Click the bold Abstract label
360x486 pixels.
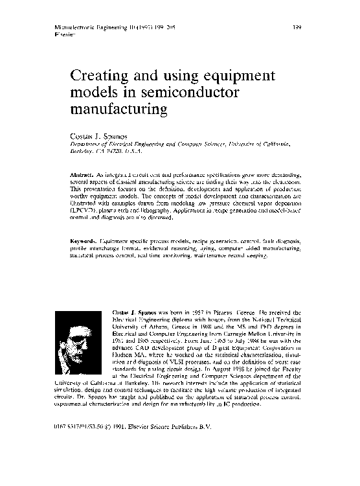coord(82,175)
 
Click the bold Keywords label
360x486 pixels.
coord(84,242)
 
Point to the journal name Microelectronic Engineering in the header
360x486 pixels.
coord(81,27)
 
